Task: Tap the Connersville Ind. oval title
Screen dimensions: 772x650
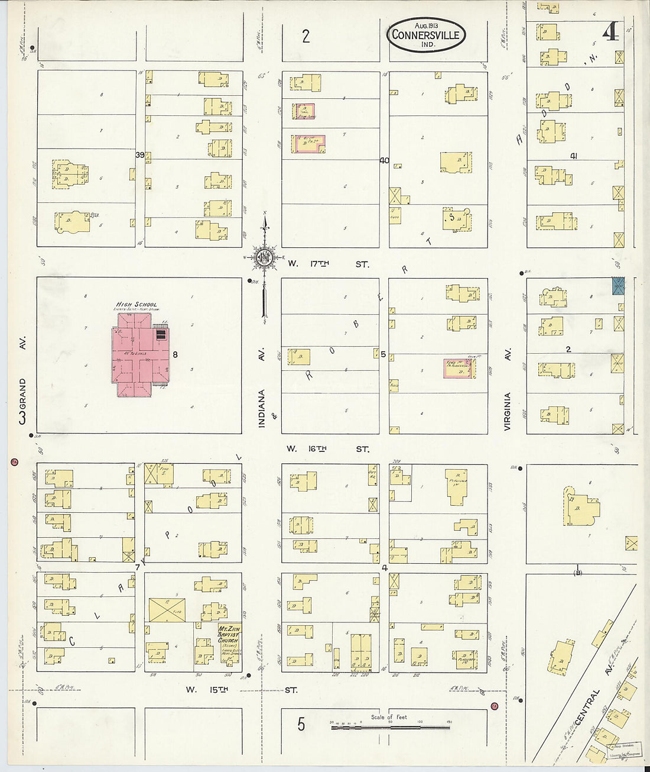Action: (x=426, y=35)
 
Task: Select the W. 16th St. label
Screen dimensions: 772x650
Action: (x=328, y=449)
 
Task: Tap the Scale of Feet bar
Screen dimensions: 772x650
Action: (x=390, y=725)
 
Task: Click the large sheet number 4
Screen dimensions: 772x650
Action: (x=610, y=33)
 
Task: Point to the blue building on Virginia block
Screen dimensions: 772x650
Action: (x=617, y=286)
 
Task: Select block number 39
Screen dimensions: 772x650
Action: (x=140, y=155)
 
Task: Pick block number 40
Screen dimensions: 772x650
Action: (x=384, y=160)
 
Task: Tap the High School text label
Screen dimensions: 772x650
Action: (x=136, y=305)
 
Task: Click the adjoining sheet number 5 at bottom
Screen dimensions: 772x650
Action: (x=301, y=724)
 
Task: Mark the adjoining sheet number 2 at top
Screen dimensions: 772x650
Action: (x=305, y=37)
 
